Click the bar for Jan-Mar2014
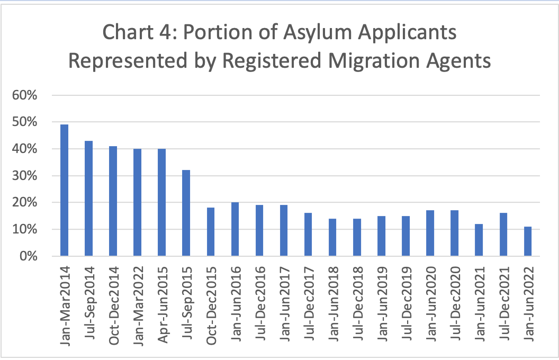(65, 191)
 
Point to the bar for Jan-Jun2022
(527, 241)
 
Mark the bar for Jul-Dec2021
(503, 235)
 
